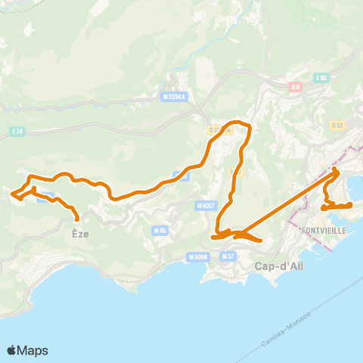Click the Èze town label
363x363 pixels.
point(80,234)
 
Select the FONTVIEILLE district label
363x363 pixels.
point(324,229)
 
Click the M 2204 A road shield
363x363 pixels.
point(174,97)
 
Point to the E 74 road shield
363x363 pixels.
point(17,132)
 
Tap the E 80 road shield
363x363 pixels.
point(321,77)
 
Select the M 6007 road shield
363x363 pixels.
point(206,205)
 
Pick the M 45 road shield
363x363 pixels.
point(159,230)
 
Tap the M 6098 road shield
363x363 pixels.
point(197,256)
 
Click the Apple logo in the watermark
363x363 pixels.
point(12,350)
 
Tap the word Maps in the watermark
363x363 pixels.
point(33,350)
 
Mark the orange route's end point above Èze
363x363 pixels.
point(77,221)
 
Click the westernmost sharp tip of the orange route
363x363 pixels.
point(11,194)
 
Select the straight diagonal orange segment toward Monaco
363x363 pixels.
point(287,204)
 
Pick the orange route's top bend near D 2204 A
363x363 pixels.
point(240,122)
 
